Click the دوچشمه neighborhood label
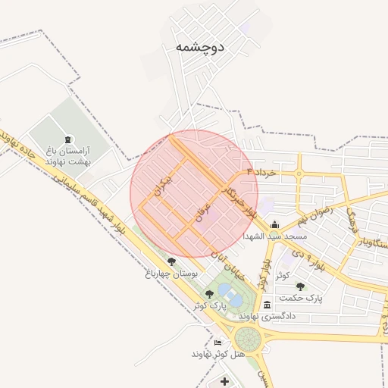tap(200, 47)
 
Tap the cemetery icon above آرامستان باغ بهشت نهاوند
tap(70, 139)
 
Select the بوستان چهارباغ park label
tap(172, 272)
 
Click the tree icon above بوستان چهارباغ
tap(172, 261)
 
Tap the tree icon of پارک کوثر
tap(209, 294)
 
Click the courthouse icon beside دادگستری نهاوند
tap(267, 305)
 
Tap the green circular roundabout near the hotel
tap(248, 339)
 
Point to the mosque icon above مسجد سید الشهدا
tap(274, 224)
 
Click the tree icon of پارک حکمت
tap(301, 286)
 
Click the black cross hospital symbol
tap(224, 380)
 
